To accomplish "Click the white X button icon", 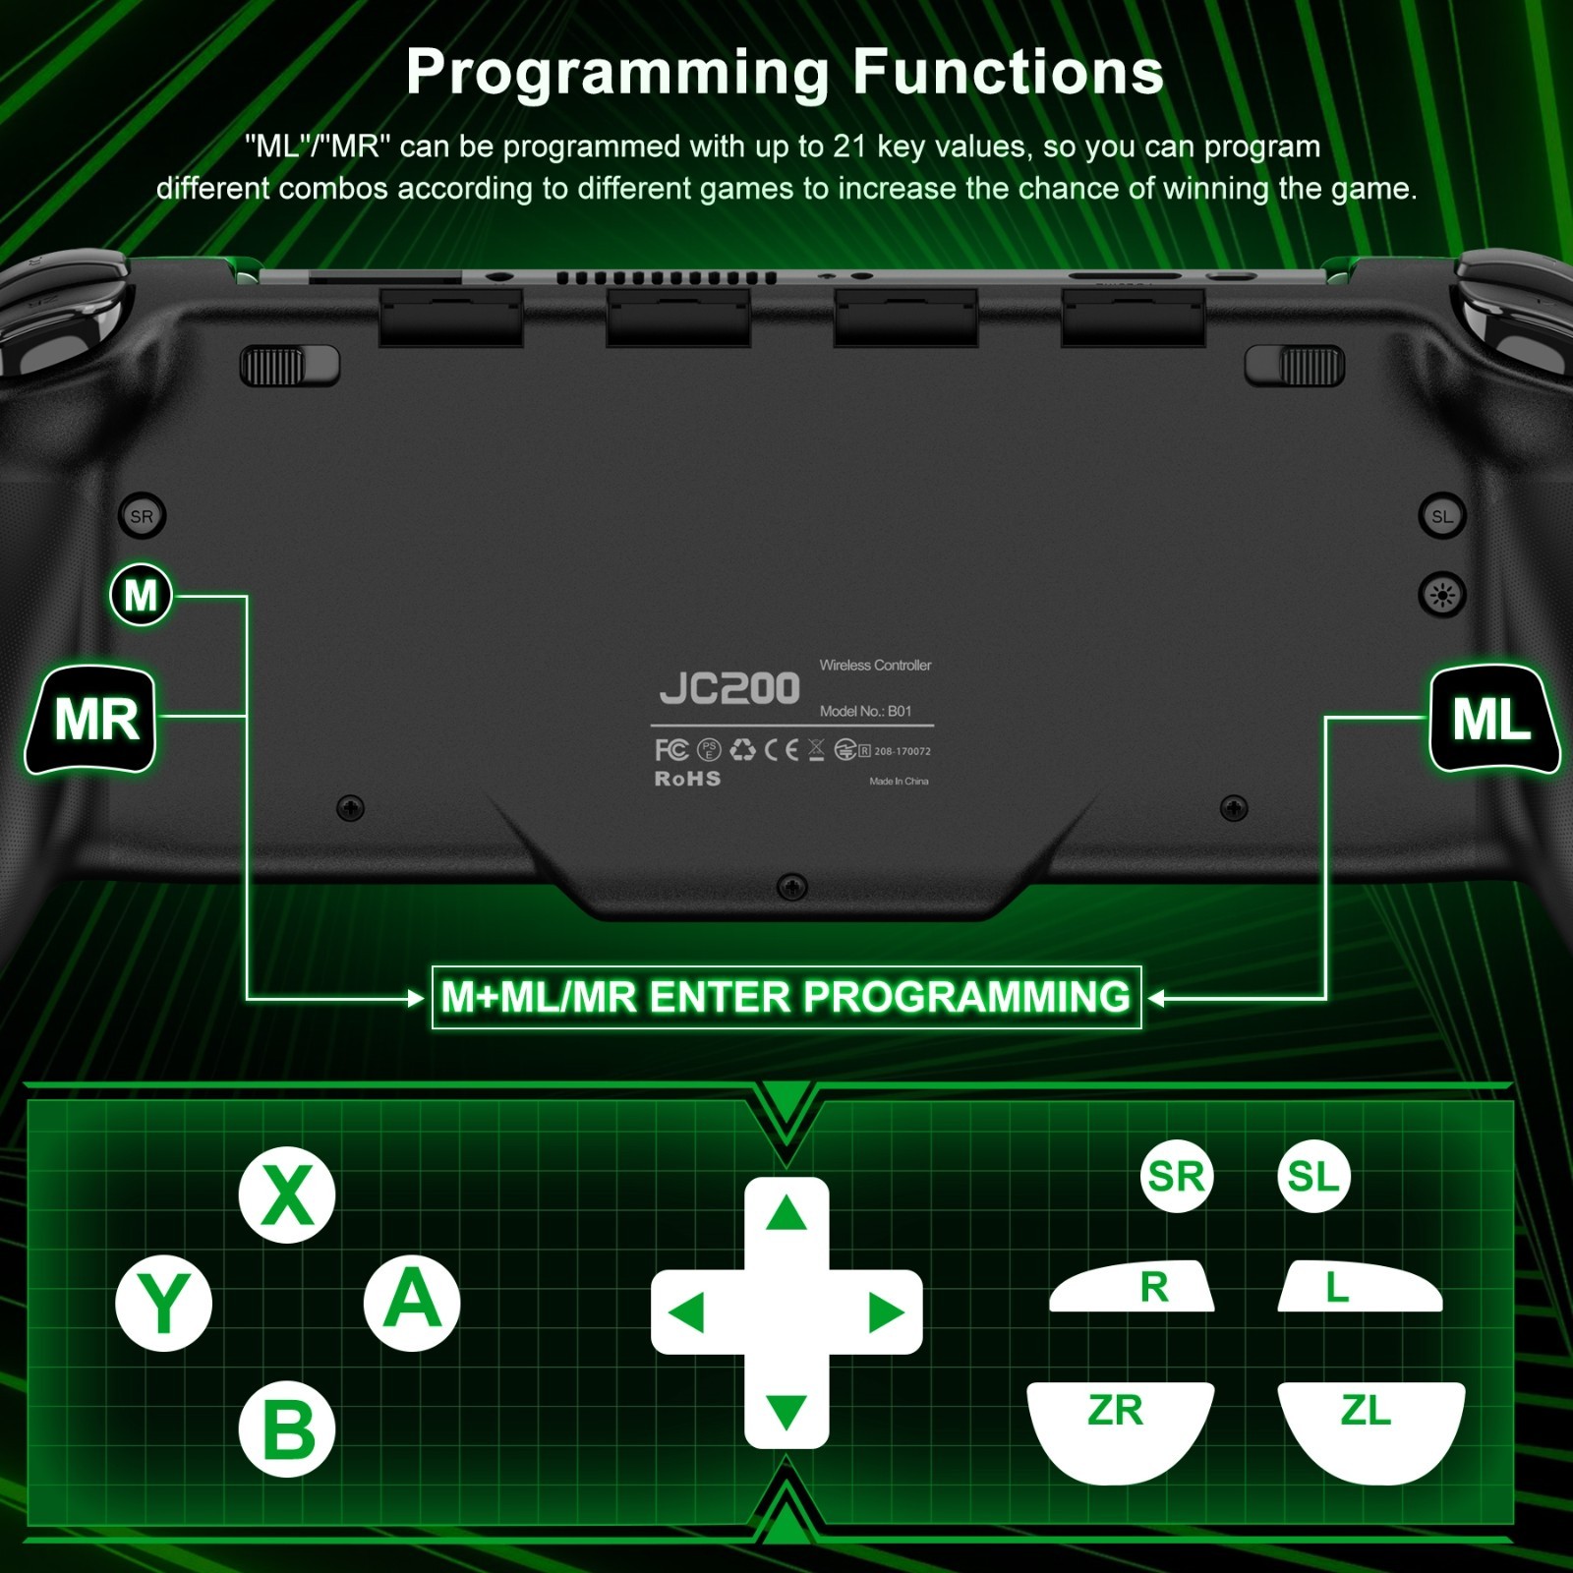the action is point(287,1194).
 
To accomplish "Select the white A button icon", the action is point(412,1303).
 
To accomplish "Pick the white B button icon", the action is point(287,1428).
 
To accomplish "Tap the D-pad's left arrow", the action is point(686,1312).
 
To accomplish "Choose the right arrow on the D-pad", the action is point(887,1312).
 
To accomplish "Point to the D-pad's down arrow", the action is point(786,1412).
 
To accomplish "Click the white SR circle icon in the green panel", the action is point(1177,1176).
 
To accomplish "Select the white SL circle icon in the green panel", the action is point(1313,1176).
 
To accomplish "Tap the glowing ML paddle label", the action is point(1493,719).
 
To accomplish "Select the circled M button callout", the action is point(142,595).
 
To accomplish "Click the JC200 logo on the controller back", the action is point(729,688).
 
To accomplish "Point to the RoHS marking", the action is point(688,779).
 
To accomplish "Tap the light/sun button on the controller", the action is point(1442,595).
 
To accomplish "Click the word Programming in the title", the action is point(618,74).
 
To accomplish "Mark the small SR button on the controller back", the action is point(142,516).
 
